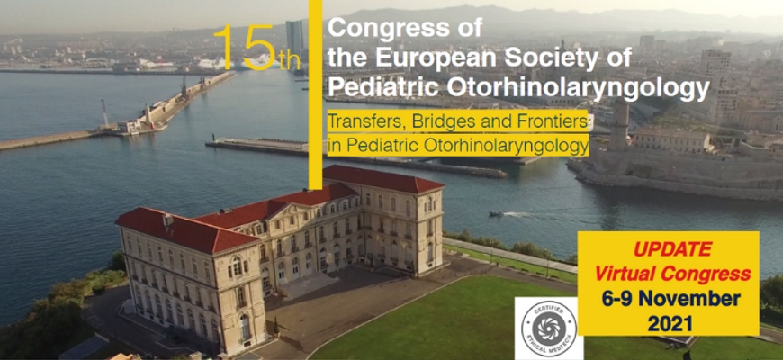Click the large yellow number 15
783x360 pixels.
click(245, 48)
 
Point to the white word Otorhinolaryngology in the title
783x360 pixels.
click(578, 89)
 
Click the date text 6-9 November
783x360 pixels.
click(671, 299)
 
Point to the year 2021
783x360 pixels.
click(670, 324)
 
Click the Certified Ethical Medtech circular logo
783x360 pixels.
click(549, 328)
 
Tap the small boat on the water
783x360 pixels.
click(497, 213)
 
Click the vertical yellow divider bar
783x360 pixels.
click(316, 94)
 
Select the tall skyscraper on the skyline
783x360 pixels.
click(294, 39)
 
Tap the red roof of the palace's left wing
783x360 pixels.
click(184, 229)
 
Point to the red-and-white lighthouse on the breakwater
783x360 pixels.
click(105, 113)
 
